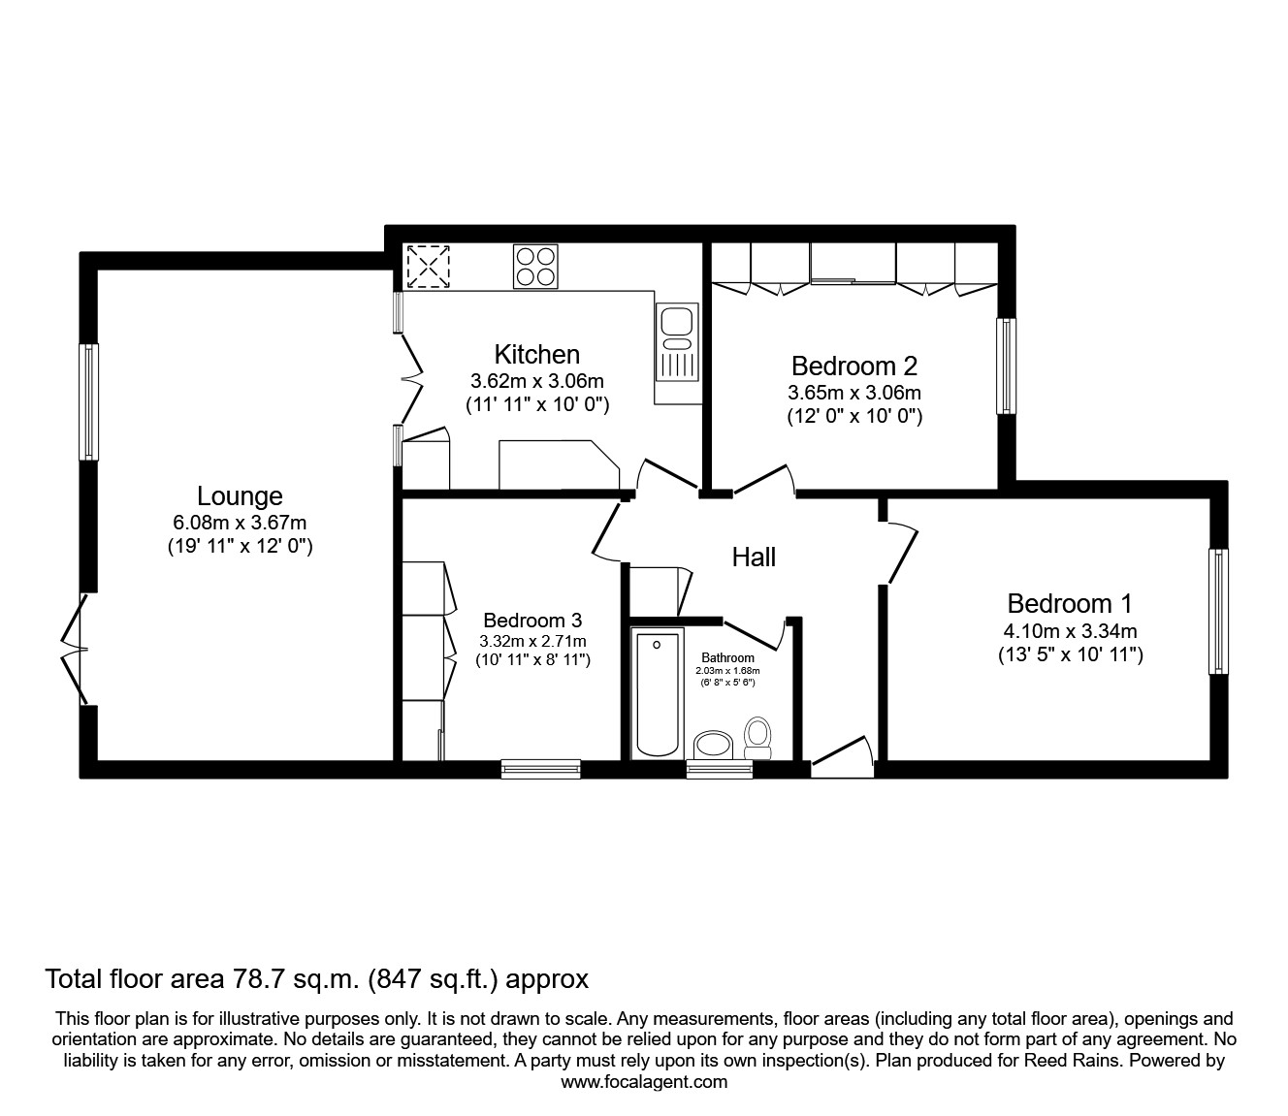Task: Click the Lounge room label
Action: coord(240,496)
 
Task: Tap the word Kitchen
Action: coord(536,354)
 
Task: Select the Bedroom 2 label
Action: coord(853,367)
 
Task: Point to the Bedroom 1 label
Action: coord(1070,604)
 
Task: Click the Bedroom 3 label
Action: coord(532,621)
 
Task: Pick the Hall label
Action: coord(754,558)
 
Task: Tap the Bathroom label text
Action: coord(727,658)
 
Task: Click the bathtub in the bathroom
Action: coord(657,692)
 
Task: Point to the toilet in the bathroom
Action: coord(757,738)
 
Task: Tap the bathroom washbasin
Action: coord(715,745)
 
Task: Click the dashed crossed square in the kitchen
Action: coord(429,266)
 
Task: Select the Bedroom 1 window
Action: coord(1218,612)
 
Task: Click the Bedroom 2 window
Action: coord(1007,366)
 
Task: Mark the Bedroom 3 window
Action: coord(541,769)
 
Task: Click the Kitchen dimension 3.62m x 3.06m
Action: coord(536,381)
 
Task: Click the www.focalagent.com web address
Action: coord(644,1082)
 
